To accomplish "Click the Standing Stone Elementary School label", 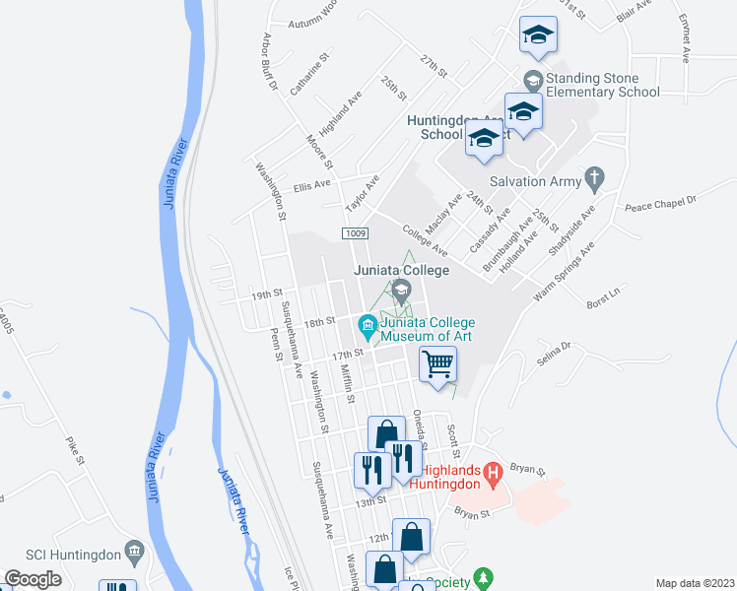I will pyautogui.click(x=603, y=86).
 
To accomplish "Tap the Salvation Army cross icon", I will pyautogui.click(x=593, y=178).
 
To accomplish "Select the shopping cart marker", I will pyautogui.click(x=437, y=363).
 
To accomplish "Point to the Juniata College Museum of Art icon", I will pyautogui.click(x=368, y=323).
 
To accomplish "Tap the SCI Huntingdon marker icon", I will pyautogui.click(x=135, y=549).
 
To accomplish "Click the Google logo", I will pyautogui.click(x=33, y=579).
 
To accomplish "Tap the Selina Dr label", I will pyautogui.click(x=553, y=351).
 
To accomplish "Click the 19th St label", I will pyautogui.click(x=266, y=295).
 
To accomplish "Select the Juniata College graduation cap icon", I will pyautogui.click(x=401, y=289).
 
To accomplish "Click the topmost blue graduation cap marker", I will pyautogui.click(x=538, y=35).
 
